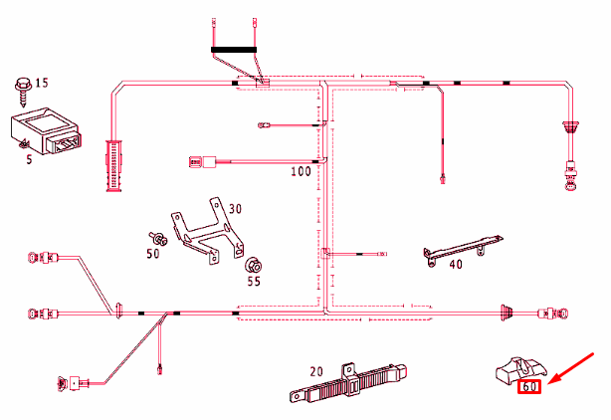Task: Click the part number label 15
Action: [x=42, y=83]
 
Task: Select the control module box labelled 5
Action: [x=46, y=130]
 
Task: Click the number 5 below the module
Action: [x=29, y=159]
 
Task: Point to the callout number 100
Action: [x=301, y=171]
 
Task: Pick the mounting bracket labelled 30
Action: [x=208, y=231]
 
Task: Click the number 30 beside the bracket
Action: [x=235, y=209]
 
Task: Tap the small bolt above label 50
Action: [x=158, y=238]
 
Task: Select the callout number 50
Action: [x=153, y=254]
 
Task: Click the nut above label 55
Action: [x=253, y=266]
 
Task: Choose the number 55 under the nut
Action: [x=254, y=282]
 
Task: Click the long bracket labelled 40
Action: [x=463, y=250]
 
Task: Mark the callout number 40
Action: [x=456, y=265]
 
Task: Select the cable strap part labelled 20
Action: [x=348, y=382]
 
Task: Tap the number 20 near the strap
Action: [x=316, y=371]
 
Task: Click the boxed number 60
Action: [x=529, y=386]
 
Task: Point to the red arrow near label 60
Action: [x=570, y=368]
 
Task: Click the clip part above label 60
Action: [x=521, y=369]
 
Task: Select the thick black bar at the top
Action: [x=234, y=50]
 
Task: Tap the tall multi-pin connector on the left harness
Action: [x=113, y=165]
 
